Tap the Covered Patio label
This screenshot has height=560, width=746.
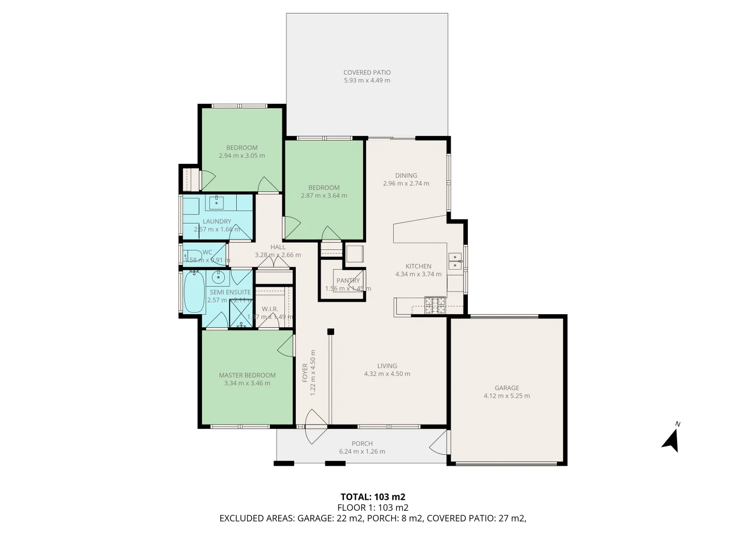(x=367, y=73)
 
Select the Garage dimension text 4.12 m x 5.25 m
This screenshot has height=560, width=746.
(x=506, y=396)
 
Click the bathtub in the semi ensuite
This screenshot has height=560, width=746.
(x=194, y=292)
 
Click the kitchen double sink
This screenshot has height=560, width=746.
(x=455, y=261)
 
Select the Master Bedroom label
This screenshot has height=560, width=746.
(x=247, y=375)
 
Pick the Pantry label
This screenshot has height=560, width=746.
(x=348, y=281)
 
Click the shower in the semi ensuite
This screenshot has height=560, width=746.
(x=240, y=313)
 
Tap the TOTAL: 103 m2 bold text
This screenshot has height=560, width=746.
(x=372, y=497)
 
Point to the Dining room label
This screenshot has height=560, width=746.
(x=406, y=175)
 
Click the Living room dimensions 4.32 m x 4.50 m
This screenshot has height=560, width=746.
(x=387, y=374)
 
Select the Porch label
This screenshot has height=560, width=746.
(x=362, y=443)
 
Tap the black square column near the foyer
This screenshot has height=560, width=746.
(x=331, y=332)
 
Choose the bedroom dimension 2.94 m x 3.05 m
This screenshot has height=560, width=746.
(x=241, y=156)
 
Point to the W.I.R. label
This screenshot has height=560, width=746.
(x=270, y=309)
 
